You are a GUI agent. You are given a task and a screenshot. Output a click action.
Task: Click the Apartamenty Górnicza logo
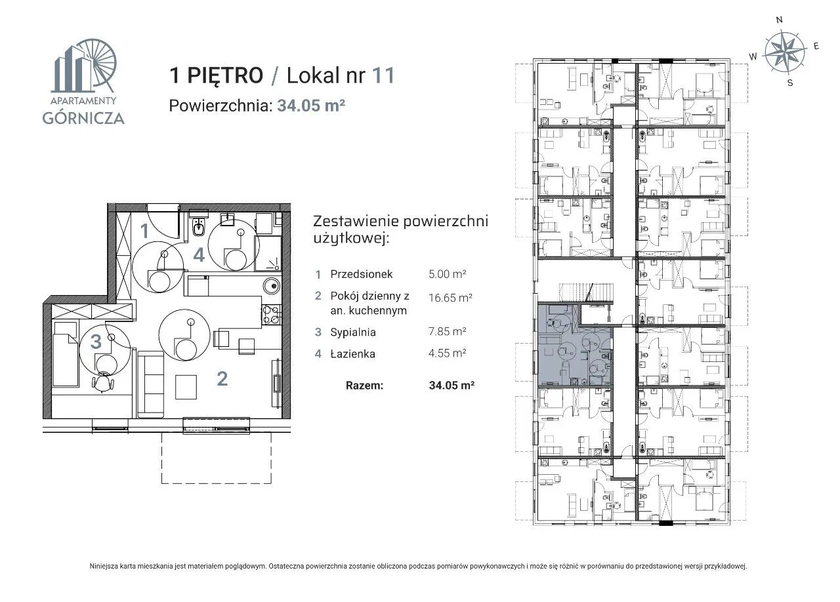point(83,81)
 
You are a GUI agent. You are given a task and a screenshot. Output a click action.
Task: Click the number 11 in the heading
point(383,75)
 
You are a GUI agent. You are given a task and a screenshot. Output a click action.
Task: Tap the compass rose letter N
point(779,20)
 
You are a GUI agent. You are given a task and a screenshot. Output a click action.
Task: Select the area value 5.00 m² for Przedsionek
point(447,274)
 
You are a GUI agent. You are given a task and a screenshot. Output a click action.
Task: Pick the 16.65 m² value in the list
point(450,298)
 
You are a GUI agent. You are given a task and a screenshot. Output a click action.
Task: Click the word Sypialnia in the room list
point(353,332)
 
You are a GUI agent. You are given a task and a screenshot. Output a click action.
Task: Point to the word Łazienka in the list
point(352,354)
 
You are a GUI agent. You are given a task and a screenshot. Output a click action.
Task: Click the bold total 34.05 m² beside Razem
point(451,386)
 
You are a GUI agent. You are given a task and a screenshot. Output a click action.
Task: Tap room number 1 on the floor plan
point(144,231)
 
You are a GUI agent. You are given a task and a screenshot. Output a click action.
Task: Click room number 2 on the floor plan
point(222,378)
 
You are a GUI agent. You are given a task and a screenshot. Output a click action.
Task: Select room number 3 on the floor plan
point(96,342)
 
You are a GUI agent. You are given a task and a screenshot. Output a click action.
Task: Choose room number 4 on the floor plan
point(198,255)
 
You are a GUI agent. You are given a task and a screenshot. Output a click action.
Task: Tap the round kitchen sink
point(271,287)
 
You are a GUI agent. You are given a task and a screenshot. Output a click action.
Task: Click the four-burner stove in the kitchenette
point(271,315)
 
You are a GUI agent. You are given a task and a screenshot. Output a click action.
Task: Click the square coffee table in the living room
point(186,388)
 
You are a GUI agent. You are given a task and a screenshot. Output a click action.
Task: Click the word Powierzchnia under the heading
point(220,106)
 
